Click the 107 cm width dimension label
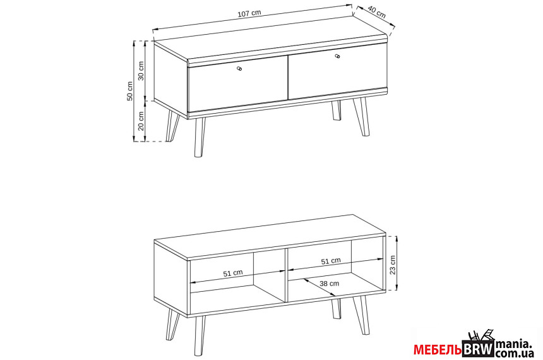click(x=249, y=13)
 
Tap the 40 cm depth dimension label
click(x=376, y=12)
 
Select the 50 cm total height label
click(x=129, y=91)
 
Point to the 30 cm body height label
click(x=141, y=71)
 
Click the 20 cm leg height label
click(x=141, y=121)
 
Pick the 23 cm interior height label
click(x=392, y=265)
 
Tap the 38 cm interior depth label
click(x=330, y=284)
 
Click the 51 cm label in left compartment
click(x=233, y=273)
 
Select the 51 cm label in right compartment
click(x=331, y=261)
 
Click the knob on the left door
click(x=239, y=69)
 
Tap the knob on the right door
click(x=337, y=56)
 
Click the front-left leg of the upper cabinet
click(x=199, y=138)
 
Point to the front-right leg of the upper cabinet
click(x=361, y=116)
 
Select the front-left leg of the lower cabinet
click(x=199, y=336)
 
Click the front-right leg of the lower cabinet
click(x=361, y=315)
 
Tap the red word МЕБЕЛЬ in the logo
click(x=438, y=350)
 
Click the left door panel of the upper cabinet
click(x=238, y=84)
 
